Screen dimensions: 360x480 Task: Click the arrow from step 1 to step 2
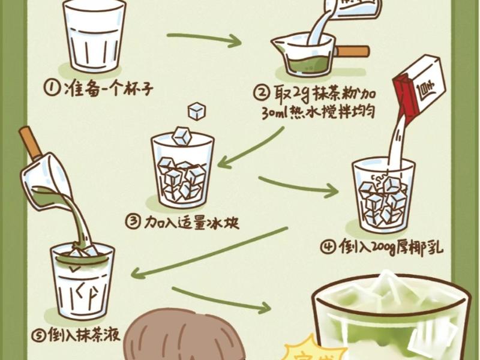click(x=204, y=40)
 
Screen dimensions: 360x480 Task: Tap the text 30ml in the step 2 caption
click(x=275, y=112)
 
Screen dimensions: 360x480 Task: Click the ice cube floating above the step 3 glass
click(x=196, y=111)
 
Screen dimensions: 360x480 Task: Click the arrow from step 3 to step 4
click(x=298, y=187)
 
